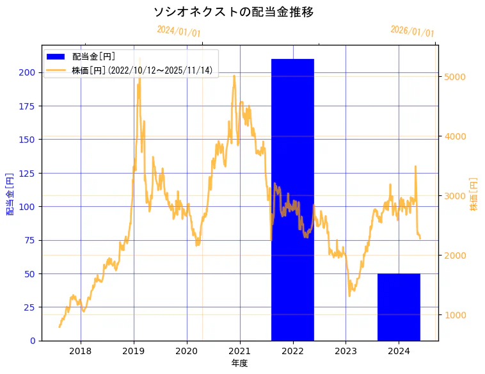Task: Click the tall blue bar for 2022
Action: [292, 199]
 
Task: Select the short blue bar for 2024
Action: [399, 307]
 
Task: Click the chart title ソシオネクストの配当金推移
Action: [234, 12]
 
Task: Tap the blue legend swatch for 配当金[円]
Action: [58, 57]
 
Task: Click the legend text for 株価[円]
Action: [142, 70]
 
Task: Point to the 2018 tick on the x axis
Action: [81, 351]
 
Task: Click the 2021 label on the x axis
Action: [239, 351]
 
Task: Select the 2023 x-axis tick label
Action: [346, 351]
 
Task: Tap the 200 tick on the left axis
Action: [27, 72]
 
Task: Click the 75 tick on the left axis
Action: [29, 240]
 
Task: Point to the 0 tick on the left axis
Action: [33, 341]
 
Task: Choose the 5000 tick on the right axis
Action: [454, 77]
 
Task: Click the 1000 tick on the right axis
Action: [454, 315]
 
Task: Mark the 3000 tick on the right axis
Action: [454, 196]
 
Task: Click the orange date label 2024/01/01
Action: [179, 31]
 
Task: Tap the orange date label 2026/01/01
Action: [412, 31]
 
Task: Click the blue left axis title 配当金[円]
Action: [10, 193]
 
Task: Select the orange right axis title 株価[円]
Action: [474, 194]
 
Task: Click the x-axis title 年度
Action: [239, 363]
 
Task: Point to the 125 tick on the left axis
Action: [27, 173]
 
